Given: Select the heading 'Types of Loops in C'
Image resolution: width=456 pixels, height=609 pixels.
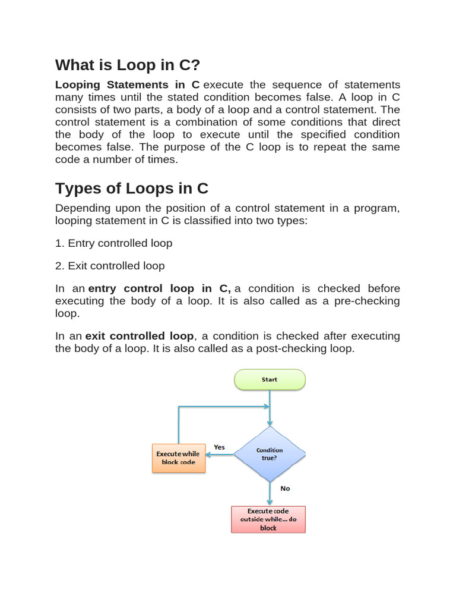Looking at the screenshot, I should (132, 189).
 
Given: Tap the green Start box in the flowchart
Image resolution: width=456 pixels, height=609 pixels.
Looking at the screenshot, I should (270, 379).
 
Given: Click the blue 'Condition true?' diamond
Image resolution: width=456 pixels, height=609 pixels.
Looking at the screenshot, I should (270, 454).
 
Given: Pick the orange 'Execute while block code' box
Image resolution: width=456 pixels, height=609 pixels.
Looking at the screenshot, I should (179, 458).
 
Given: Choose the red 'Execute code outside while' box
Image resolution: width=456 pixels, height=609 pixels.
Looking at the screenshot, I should (268, 519).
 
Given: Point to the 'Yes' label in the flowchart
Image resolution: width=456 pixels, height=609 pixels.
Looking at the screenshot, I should (219, 447).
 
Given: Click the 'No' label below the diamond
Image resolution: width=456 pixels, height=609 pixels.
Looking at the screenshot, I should (286, 488).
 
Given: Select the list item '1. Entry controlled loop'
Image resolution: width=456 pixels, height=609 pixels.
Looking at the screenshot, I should (114, 243).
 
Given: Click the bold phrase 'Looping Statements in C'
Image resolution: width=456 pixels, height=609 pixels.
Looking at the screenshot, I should (127, 84).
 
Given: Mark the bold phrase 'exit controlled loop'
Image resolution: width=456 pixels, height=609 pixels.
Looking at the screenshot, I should (140, 336).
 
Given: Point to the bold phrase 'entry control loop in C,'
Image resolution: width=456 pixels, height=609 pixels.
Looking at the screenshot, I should (159, 288).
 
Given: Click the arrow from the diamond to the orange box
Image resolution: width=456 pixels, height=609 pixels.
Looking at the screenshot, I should (220, 455).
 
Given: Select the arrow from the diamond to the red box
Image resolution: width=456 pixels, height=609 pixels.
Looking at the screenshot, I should (270, 494).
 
